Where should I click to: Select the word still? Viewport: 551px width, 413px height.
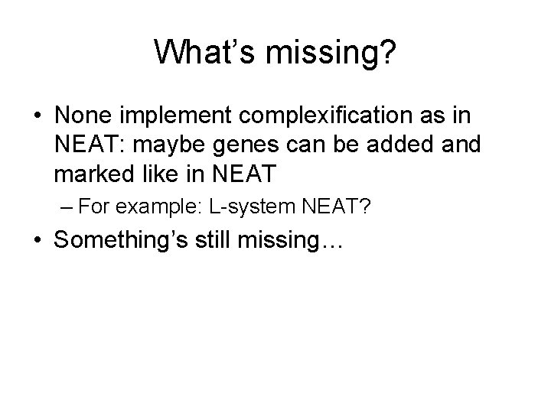pos(220,242)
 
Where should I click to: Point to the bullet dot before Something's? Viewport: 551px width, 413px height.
pos(36,242)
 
